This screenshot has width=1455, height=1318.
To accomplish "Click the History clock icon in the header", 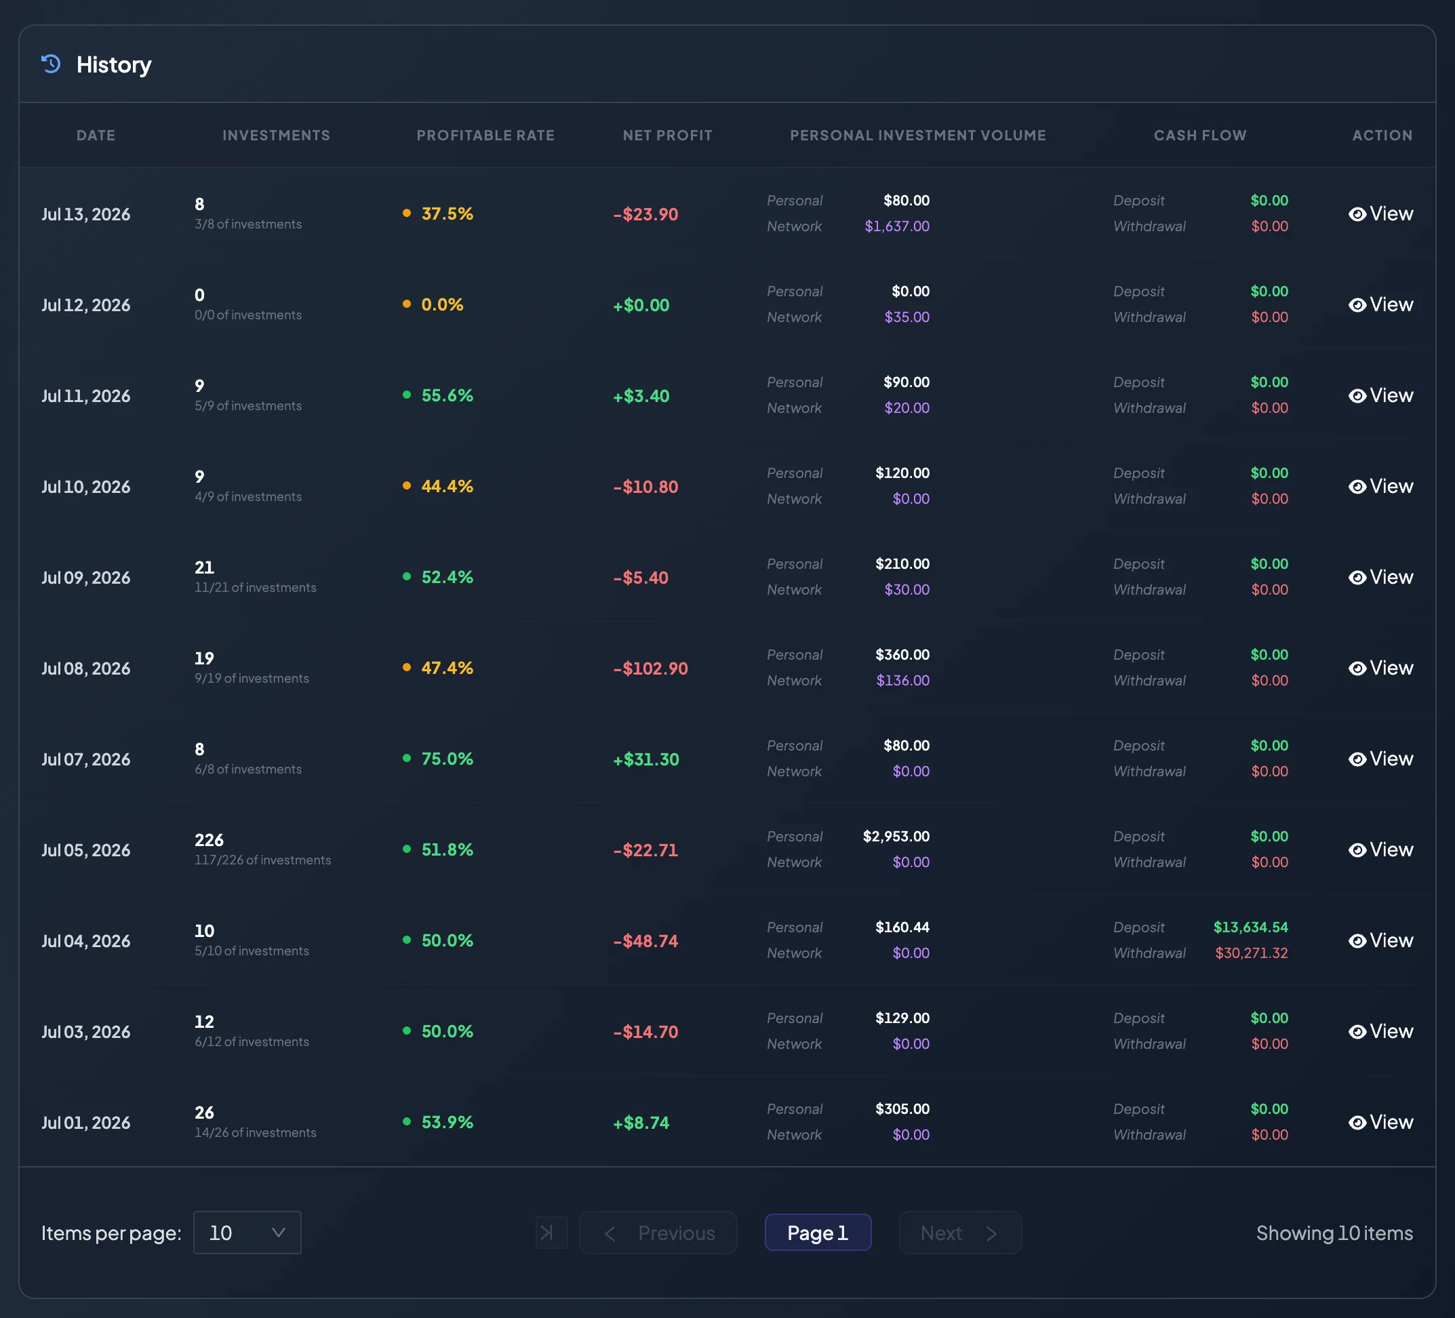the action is [51, 64].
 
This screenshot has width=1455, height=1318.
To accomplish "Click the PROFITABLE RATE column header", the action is [485, 135].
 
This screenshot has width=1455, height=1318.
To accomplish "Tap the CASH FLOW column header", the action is [1200, 135].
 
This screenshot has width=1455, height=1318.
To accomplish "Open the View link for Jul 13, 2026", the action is [1380, 214].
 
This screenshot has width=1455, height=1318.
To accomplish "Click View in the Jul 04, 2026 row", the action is [1380, 940].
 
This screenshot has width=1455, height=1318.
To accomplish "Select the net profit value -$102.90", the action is [650, 668].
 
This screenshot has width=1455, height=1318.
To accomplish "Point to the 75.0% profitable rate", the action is [447, 759].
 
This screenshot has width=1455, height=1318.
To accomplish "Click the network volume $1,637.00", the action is [897, 226].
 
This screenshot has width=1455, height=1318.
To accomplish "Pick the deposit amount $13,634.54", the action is [1251, 927].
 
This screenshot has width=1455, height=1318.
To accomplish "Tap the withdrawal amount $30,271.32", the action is [1252, 953].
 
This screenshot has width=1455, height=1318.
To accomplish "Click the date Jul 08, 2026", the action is [86, 668].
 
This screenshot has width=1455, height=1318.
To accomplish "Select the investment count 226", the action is [210, 839].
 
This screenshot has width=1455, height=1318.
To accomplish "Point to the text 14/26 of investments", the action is [256, 1132].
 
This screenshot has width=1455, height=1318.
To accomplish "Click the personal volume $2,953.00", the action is [896, 836].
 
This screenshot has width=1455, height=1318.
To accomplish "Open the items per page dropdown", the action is [247, 1233].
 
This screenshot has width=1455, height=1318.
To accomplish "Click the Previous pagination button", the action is [658, 1233].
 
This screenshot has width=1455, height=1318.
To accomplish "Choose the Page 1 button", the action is [818, 1233].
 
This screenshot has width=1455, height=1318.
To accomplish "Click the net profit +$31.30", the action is [646, 759].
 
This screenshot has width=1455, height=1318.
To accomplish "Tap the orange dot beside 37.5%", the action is [407, 213].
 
